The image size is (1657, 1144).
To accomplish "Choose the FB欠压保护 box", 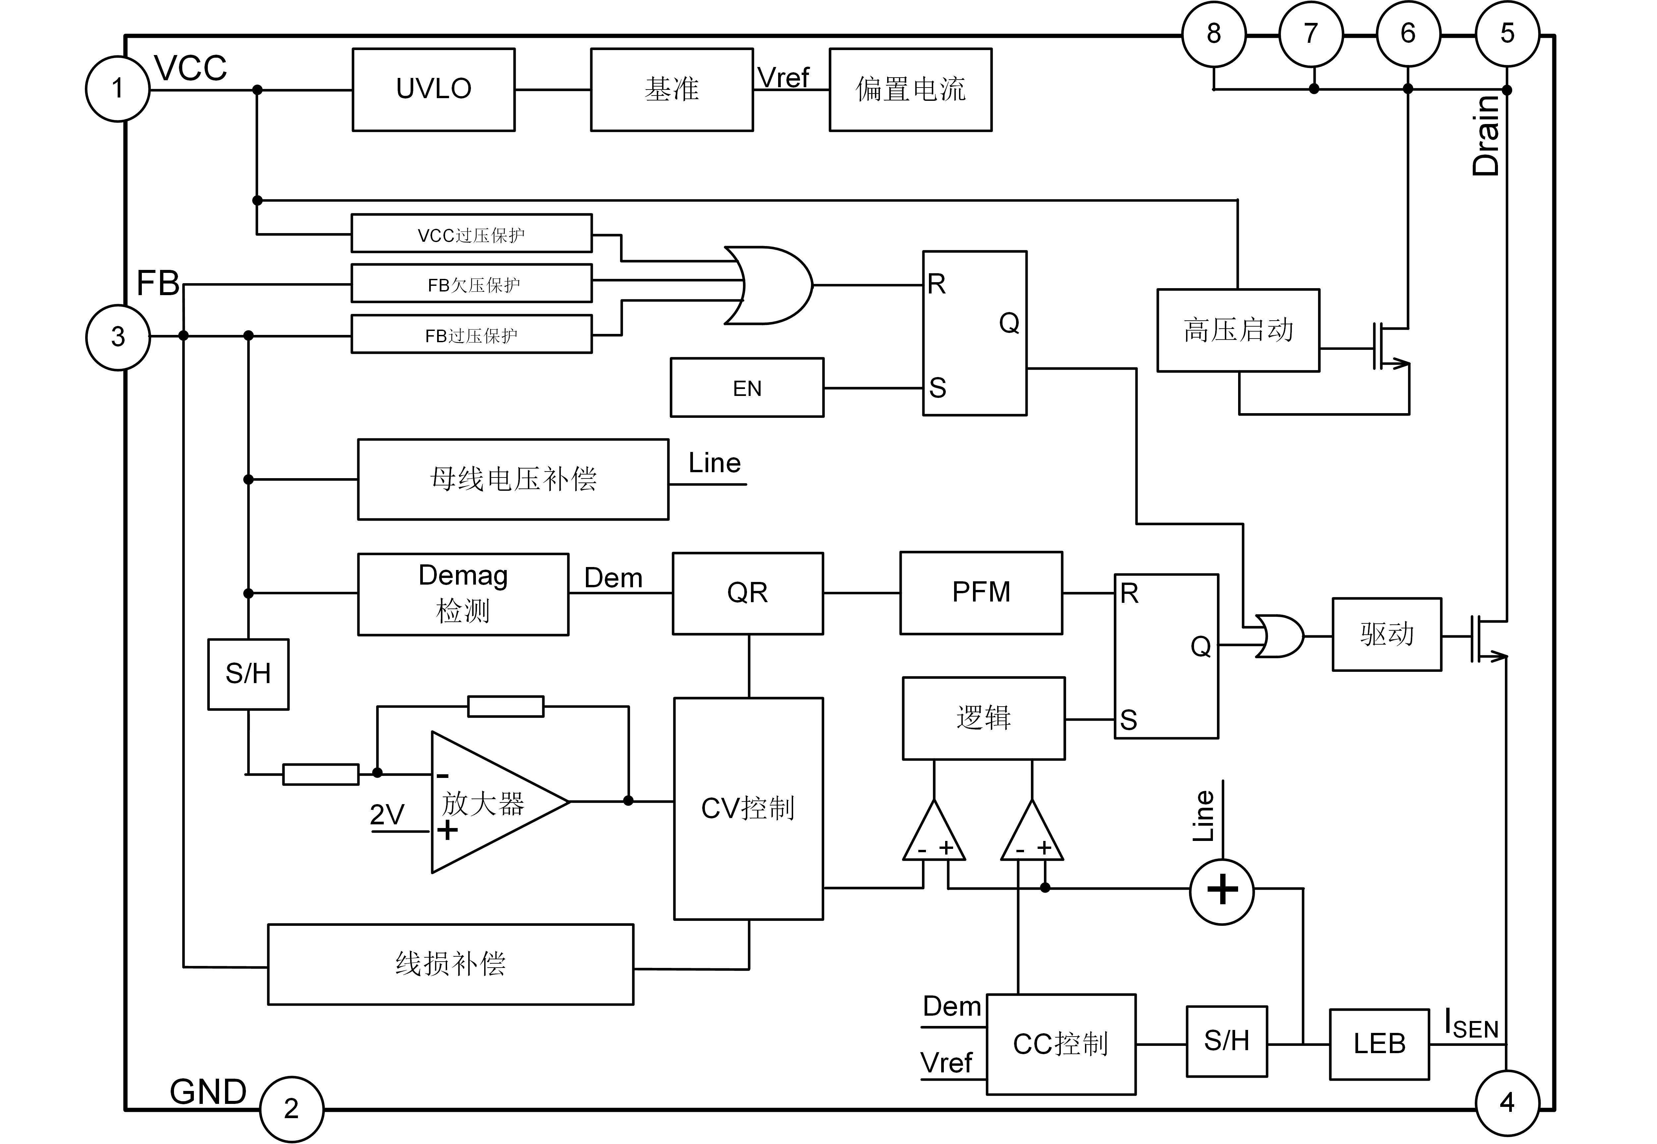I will tap(471, 285).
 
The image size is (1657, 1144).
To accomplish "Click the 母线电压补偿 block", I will tap(513, 479).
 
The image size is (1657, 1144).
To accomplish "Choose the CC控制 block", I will tap(1061, 1045).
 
